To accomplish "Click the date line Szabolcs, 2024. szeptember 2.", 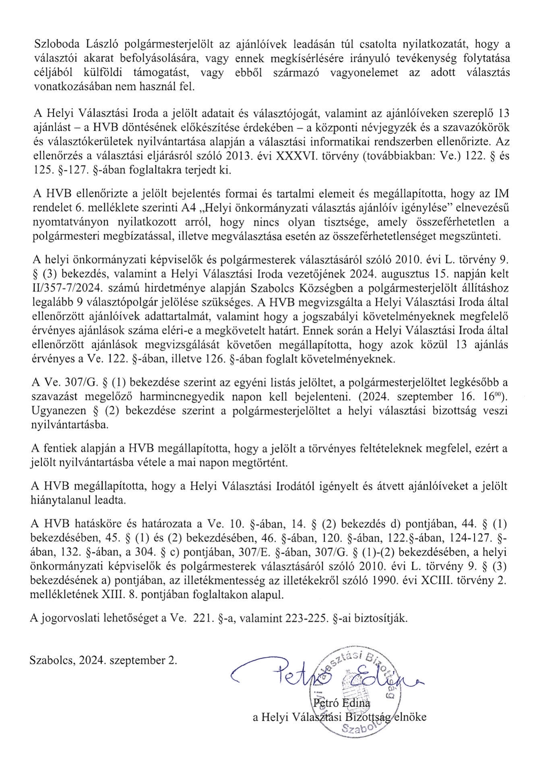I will [103, 660].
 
